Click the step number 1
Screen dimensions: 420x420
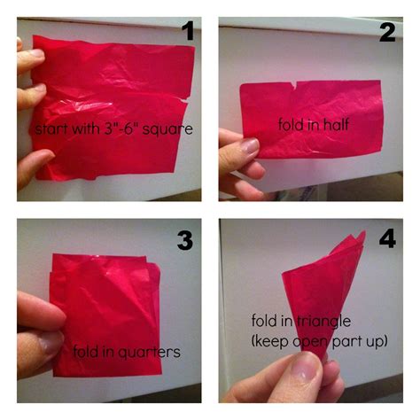pos(187,34)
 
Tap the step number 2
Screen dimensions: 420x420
pos(386,34)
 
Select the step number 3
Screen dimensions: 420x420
pos(184,240)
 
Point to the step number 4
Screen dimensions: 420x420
pos(386,240)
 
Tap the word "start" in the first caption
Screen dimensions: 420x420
pos(49,129)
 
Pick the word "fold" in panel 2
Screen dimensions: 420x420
pos(292,125)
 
